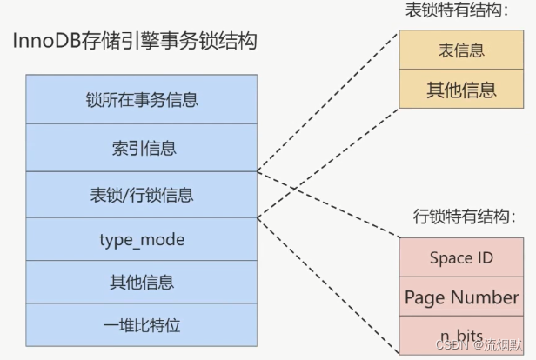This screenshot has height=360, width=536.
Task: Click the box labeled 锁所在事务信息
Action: pos(142,99)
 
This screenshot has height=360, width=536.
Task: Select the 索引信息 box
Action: pos(142,147)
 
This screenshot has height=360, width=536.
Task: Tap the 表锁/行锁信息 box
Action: pos(142,194)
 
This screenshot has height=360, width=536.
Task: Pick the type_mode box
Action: pos(142,239)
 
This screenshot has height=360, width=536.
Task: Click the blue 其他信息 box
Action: pos(142,282)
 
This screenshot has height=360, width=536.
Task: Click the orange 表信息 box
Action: pos(461,50)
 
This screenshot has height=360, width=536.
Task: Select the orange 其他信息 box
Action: pos(461,89)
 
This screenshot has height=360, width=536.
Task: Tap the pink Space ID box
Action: pos(461,258)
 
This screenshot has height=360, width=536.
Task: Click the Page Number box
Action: pos(461,297)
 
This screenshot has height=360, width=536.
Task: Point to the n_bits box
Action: pos(461,335)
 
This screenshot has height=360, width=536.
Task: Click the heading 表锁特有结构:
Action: pos(456,11)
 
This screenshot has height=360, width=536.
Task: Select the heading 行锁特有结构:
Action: pos(461,216)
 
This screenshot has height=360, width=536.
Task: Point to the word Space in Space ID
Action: pos(451,258)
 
